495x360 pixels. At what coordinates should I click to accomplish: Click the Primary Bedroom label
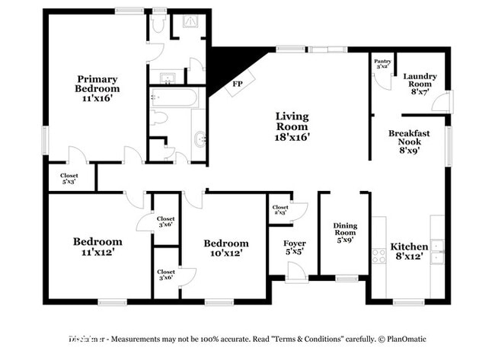(x=97, y=84)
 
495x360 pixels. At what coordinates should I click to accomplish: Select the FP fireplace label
(x=238, y=84)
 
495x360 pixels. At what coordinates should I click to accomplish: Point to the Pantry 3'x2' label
(x=382, y=65)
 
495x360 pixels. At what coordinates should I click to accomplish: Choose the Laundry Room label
(x=420, y=81)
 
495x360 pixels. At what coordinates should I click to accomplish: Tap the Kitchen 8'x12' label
(x=409, y=252)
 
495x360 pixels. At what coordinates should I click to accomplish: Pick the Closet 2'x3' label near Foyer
(x=280, y=210)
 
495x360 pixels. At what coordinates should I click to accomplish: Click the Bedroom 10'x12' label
(x=226, y=248)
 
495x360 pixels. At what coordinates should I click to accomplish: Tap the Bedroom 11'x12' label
(x=97, y=247)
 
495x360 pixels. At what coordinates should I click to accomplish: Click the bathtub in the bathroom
(x=174, y=97)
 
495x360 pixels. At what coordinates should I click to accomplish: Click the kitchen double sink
(x=436, y=252)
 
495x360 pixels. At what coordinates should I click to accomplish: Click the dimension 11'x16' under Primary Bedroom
(x=97, y=99)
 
